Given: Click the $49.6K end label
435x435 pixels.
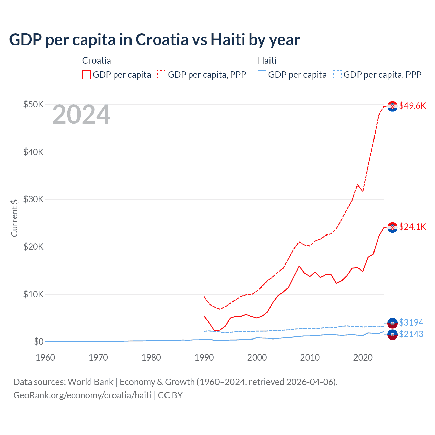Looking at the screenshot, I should pyautogui.click(x=412, y=106).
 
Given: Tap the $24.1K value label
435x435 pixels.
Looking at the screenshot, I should pyautogui.click(x=412, y=227).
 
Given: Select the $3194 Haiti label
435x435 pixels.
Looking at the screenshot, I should pyautogui.click(x=411, y=322).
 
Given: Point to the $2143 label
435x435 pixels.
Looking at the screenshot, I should pyautogui.click(x=411, y=334).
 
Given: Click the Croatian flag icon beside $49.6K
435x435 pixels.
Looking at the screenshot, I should pyautogui.click(x=393, y=106).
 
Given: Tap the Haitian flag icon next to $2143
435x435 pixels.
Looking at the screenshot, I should pyautogui.click(x=393, y=334).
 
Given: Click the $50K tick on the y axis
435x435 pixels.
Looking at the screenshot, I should pyautogui.click(x=33, y=104).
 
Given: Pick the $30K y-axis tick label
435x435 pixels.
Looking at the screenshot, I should pyautogui.click(x=33, y=199).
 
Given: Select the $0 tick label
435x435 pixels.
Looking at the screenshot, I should pyautogui.click(x=38, y=342).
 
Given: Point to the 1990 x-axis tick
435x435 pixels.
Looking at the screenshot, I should pyautogui.click(x=204, y=358).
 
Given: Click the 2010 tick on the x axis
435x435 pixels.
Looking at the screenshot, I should pyautogui.click(x=310, y=358).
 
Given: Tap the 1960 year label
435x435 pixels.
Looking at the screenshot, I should pyautogui.click(x=45, y=358).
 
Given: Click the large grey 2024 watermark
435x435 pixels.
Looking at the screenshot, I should pyautogui.click(x=81, y=115).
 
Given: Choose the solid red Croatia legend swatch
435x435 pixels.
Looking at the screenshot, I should pyautogui.click(x=87, y=75).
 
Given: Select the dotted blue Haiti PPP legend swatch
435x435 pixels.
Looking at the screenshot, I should pyautogui.click(x=337, y=75).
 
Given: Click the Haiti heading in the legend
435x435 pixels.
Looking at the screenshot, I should pyautogui.click(x=267, y=60).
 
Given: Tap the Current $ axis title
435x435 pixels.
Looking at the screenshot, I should pyautogui.click(x=14, y=218).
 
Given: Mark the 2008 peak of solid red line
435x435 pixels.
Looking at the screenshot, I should pyautogui.click(x=299, y=266).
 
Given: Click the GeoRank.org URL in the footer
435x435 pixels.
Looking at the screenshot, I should pyautogui.click(x=82, y=395).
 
